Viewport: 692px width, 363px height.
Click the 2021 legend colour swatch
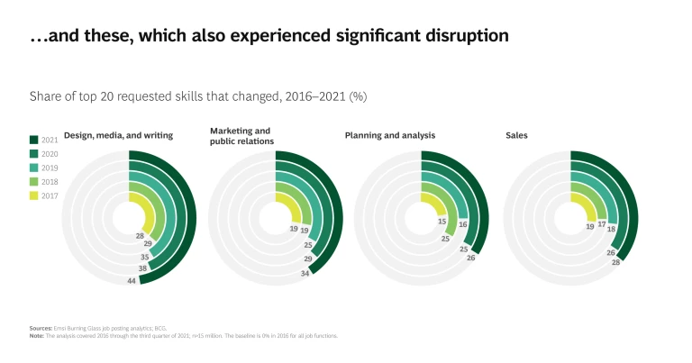tap(33, 140)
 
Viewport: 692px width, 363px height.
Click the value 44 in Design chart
tap(132, 282)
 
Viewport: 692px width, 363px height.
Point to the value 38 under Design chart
tap(143, 268)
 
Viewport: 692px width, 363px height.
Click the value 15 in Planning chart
tap(442, 222)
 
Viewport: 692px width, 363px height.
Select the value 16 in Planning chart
tap(462, 223)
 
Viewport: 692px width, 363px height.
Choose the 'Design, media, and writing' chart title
tap(119, 135)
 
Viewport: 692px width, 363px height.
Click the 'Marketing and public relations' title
tap(240, 135)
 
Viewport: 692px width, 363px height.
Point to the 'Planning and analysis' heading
tap(390, 135)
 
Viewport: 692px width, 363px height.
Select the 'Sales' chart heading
tap(516, 135)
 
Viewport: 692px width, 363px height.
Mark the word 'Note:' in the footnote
tap(37, 335)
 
